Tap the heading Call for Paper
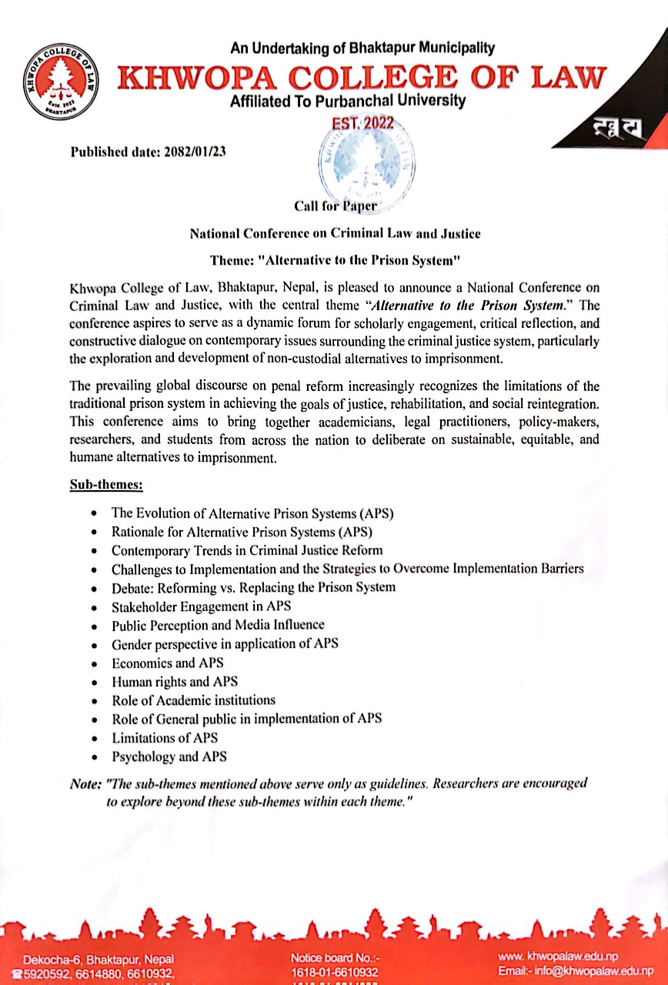(335, 205)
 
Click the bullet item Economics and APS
(157, 663)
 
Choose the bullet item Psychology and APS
(169, 756)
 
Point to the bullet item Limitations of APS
(165, 738)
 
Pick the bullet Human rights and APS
(175, 681)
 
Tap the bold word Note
(85, 783)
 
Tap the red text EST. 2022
(362, 123)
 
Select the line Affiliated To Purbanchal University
(348, 101)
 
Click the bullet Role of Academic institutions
(193, 700)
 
